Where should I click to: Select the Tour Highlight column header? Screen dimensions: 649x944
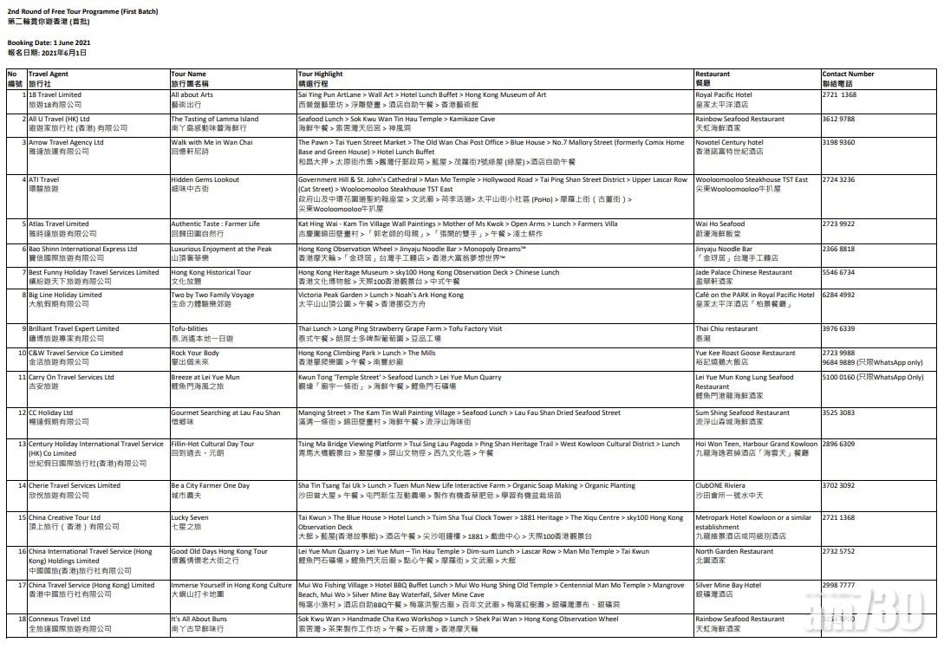320,75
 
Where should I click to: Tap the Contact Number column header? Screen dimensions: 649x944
848,75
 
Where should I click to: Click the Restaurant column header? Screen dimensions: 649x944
713,75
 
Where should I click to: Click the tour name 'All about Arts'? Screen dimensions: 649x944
192,95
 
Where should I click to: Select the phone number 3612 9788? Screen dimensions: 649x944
838,120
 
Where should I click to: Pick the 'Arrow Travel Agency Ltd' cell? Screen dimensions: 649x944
66,143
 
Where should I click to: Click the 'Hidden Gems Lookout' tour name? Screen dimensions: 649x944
205,180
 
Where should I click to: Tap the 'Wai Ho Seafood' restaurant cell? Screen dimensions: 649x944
719,224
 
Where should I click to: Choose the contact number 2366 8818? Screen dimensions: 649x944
838,250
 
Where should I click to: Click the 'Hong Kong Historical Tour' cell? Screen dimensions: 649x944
211,273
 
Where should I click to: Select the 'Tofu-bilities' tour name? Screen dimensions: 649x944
189,329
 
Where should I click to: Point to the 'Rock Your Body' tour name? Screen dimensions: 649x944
195,354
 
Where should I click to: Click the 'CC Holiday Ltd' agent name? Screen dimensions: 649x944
50,413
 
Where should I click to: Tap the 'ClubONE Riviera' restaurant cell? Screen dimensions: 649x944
719,486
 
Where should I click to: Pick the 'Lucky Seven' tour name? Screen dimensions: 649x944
189,518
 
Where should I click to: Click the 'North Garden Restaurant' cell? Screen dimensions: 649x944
733,551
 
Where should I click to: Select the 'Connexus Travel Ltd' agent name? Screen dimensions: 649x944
59,620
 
